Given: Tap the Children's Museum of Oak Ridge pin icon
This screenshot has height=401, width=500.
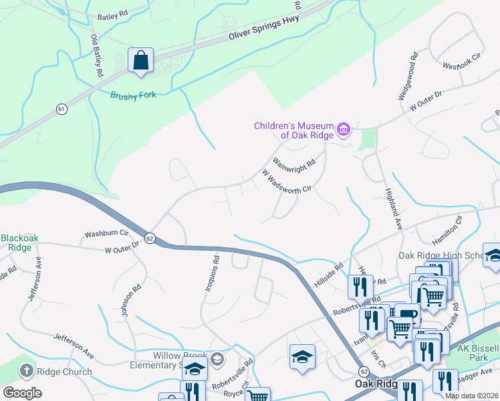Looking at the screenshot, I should point(344,129).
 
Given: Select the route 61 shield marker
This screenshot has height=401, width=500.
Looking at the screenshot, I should point(61,109).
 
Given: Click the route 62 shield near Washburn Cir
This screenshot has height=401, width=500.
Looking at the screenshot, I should point(150,238).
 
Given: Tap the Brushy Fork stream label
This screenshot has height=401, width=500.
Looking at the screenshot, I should point(133,95).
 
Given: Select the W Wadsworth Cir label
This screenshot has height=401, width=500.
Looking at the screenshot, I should point(287,181).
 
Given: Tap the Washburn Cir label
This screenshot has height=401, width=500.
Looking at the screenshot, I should point(106,235).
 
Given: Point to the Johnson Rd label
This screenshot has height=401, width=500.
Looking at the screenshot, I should point(131,299).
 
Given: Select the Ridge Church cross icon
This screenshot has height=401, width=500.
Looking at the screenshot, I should point(26,371).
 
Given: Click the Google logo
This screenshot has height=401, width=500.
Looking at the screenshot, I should point(23,392).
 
